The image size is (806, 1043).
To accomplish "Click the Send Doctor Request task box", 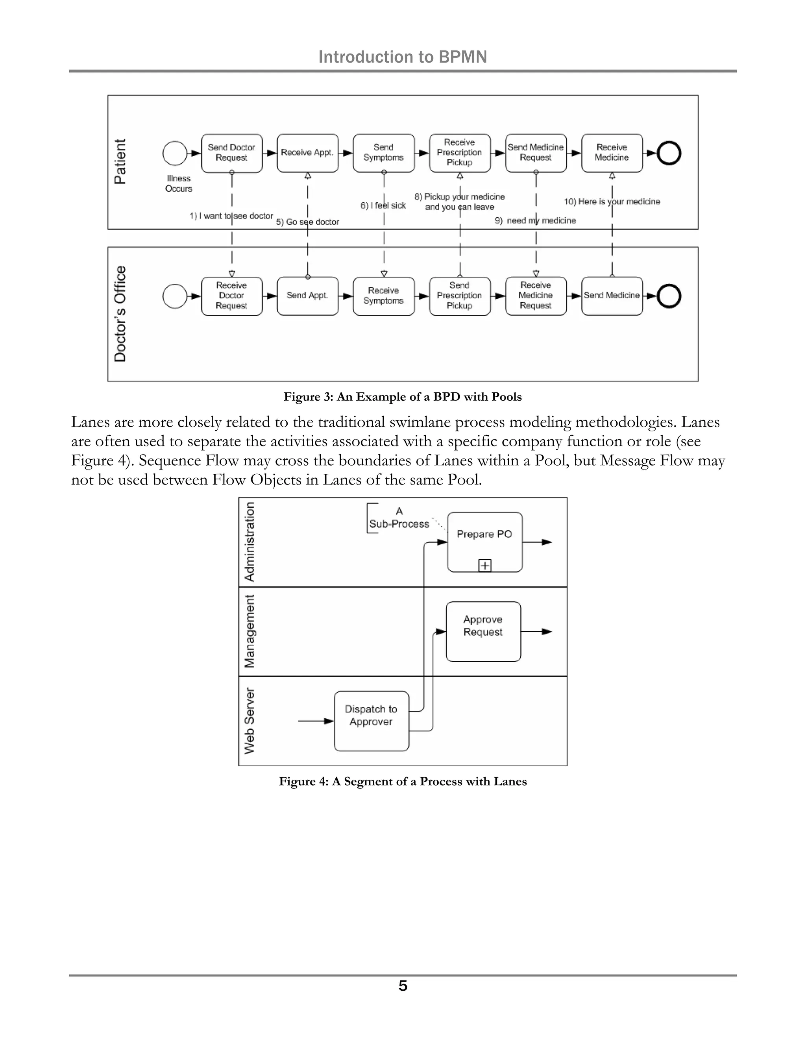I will [231, 153].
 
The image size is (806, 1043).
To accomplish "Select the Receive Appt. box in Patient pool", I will [307, 153].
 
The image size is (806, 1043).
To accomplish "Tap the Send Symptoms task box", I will [383, 153].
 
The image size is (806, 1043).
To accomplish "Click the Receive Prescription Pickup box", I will [459, 153].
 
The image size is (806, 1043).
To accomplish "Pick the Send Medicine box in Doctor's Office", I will [612, 296].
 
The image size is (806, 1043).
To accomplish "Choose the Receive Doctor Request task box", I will [231, 296].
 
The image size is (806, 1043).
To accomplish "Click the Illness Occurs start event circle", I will [175, 153].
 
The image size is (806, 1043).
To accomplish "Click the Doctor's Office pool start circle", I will [175, 296].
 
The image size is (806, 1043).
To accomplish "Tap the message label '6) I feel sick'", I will [383, 205].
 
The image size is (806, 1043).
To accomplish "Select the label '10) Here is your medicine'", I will [612, 202].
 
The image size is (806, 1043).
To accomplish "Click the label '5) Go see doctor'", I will [307, 222].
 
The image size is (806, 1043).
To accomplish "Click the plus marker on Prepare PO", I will [484, 566].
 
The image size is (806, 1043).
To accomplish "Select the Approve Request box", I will [483, 631].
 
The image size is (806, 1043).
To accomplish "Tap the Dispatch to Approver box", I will [371, 721].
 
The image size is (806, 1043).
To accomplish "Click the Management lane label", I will [249, 631].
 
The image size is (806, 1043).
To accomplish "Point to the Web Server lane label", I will [249, 721].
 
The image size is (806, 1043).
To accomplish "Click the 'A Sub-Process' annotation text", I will [399, 518].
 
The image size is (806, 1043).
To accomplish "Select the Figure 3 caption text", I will [403, 397].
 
